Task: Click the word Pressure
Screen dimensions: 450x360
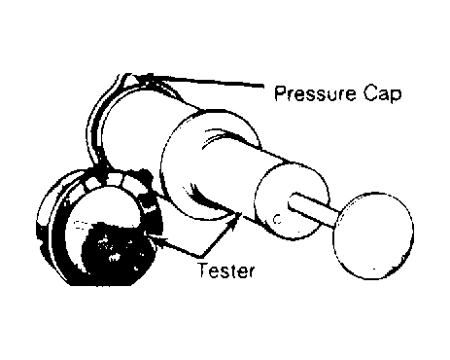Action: click(x=315, y=93)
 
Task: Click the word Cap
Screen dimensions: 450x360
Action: click(x=382, y=94)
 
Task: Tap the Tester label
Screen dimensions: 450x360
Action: click(x=226, y=270)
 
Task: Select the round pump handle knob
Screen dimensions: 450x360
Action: click(x=373, y=235)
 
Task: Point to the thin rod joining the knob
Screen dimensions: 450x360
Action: click(x=314, y=209)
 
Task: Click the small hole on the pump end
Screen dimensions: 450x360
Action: click(x=277, y=219)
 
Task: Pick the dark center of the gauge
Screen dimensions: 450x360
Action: click(x=117, y=251)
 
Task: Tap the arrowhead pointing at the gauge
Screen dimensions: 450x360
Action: click(x=153, y=236)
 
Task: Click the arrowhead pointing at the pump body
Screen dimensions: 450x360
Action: click(x=236, y=219)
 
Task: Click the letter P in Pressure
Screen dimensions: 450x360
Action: click(x=281, y=93)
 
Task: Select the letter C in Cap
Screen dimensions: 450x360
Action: click(x=370, y=93)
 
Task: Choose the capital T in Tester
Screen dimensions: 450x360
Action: click(x=203, y=270)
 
